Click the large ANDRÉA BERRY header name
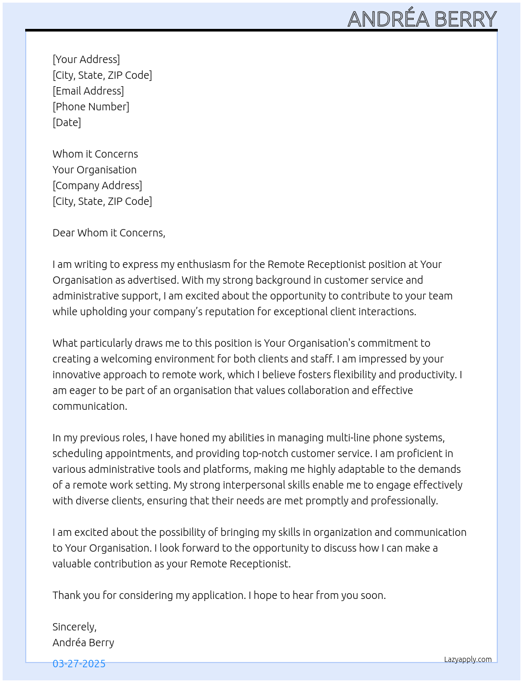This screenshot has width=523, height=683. point(422,19)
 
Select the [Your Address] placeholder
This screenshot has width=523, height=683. point(86,59)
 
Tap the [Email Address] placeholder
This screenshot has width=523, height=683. point(88,91)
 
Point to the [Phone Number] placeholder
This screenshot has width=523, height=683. point(91,107)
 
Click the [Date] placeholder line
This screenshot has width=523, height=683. point(67,122)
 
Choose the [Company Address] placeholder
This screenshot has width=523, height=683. point(97,185)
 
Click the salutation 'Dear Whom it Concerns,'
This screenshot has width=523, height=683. point(109,233)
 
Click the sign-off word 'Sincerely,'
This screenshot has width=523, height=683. point(75,627)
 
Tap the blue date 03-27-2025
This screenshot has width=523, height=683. point(79,664)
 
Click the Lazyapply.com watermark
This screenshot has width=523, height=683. point(468,659)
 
